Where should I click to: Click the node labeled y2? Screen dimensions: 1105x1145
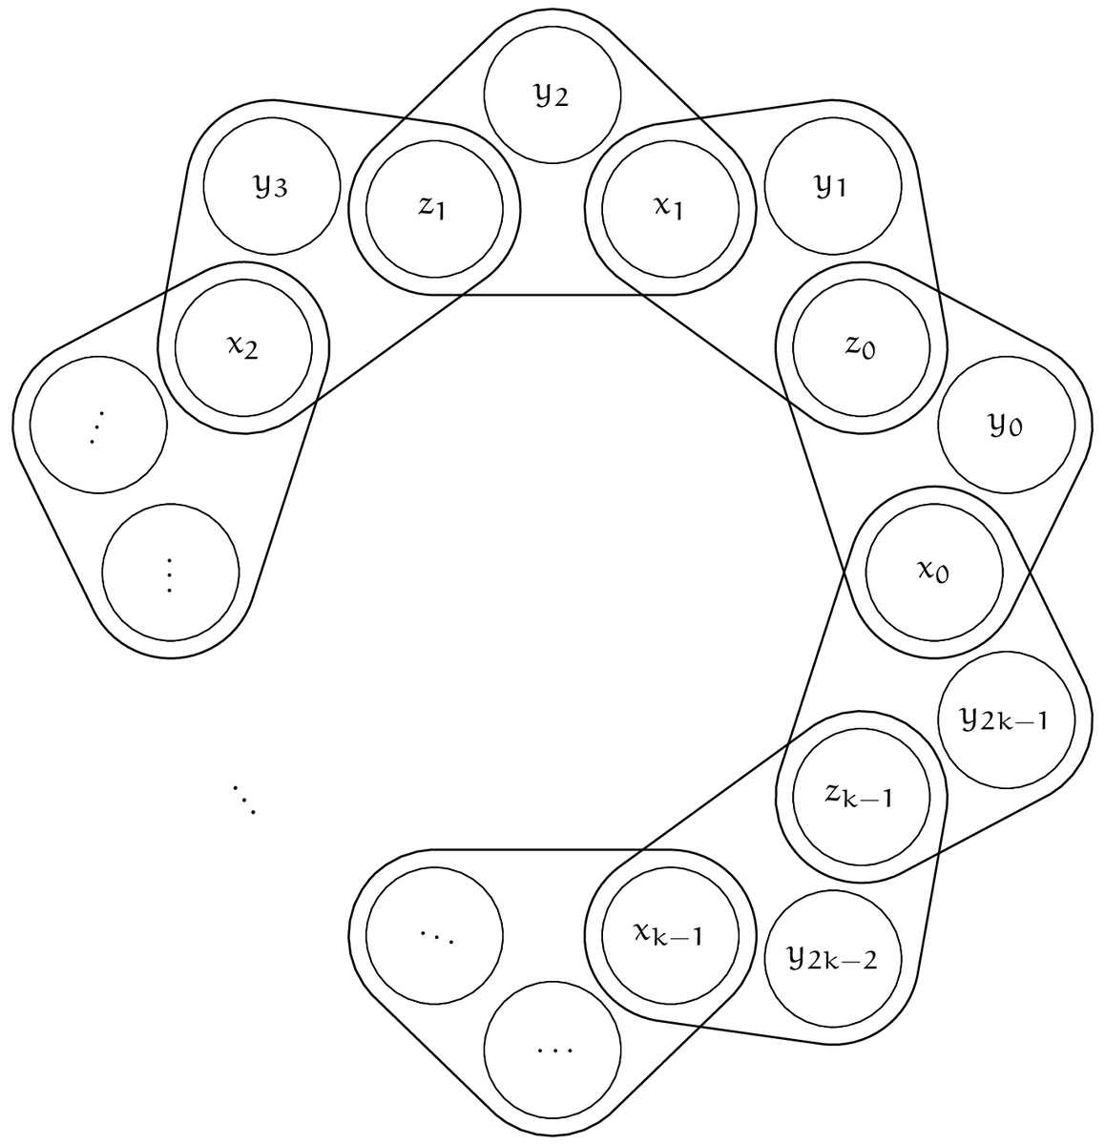click(x=552, y=95)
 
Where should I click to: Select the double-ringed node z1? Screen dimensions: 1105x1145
click(x=434, y=209)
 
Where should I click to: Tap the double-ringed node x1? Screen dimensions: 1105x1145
click(x=671, y=209)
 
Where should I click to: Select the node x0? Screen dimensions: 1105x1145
click(x=934, y=572)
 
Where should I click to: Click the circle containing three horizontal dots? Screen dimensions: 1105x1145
click(x=552, y=1050)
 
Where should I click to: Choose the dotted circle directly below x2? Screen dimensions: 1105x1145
click(x=97, y=426)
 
